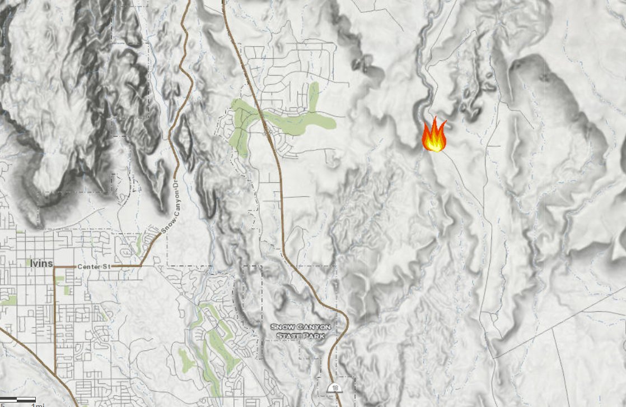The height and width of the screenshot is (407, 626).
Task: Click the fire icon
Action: click(434, 136)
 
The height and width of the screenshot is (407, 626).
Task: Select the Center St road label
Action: click(92, 267)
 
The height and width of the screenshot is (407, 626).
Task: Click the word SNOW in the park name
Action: click(284, 327)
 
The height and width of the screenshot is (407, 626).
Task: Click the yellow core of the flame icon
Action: click(434, 144)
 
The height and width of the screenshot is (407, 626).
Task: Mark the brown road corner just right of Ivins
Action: click(55, 268)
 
